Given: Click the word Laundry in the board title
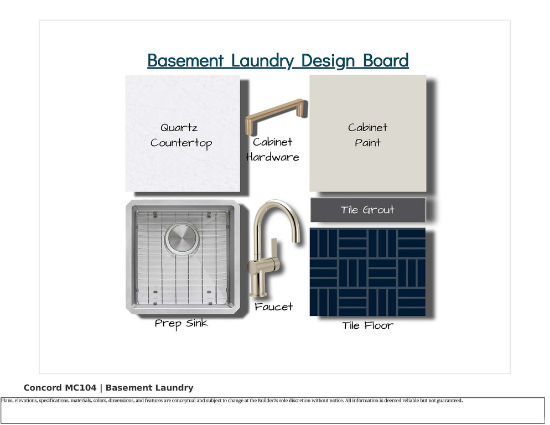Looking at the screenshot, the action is pyautogui.click(x=262, y=61).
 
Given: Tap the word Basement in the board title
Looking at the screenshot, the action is pyautogui.click(x=185, y=60).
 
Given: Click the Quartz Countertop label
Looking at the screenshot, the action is pyautogui.click(x=180, y=136).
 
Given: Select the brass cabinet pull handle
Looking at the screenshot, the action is pyautogui.click(x=276, y=116).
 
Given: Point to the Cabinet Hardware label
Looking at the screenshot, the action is pyautogui.click(x=273, y=149).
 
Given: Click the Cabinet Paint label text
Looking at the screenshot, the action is pyautogui.click(x=367, y=135).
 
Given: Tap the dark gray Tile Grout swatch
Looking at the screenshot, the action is pyautogui.click(x=368, y=210).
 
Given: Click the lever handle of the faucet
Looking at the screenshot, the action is pyautogui.click(x=274, y=248).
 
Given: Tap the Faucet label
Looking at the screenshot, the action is pyautogui.click(x=273, y=307).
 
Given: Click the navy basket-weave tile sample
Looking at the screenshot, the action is pyautogui.click(x=367, y=272).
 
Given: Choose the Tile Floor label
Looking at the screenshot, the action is pyautogui.click(x=367, y=325).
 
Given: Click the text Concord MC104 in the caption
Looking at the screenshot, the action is pyautogui.click(x=60, y=388).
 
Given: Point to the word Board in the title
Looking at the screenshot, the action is pyautogui.click(x=386, y=60).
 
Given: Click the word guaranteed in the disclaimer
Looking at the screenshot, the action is pyautogui.click(x=450, y=401).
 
